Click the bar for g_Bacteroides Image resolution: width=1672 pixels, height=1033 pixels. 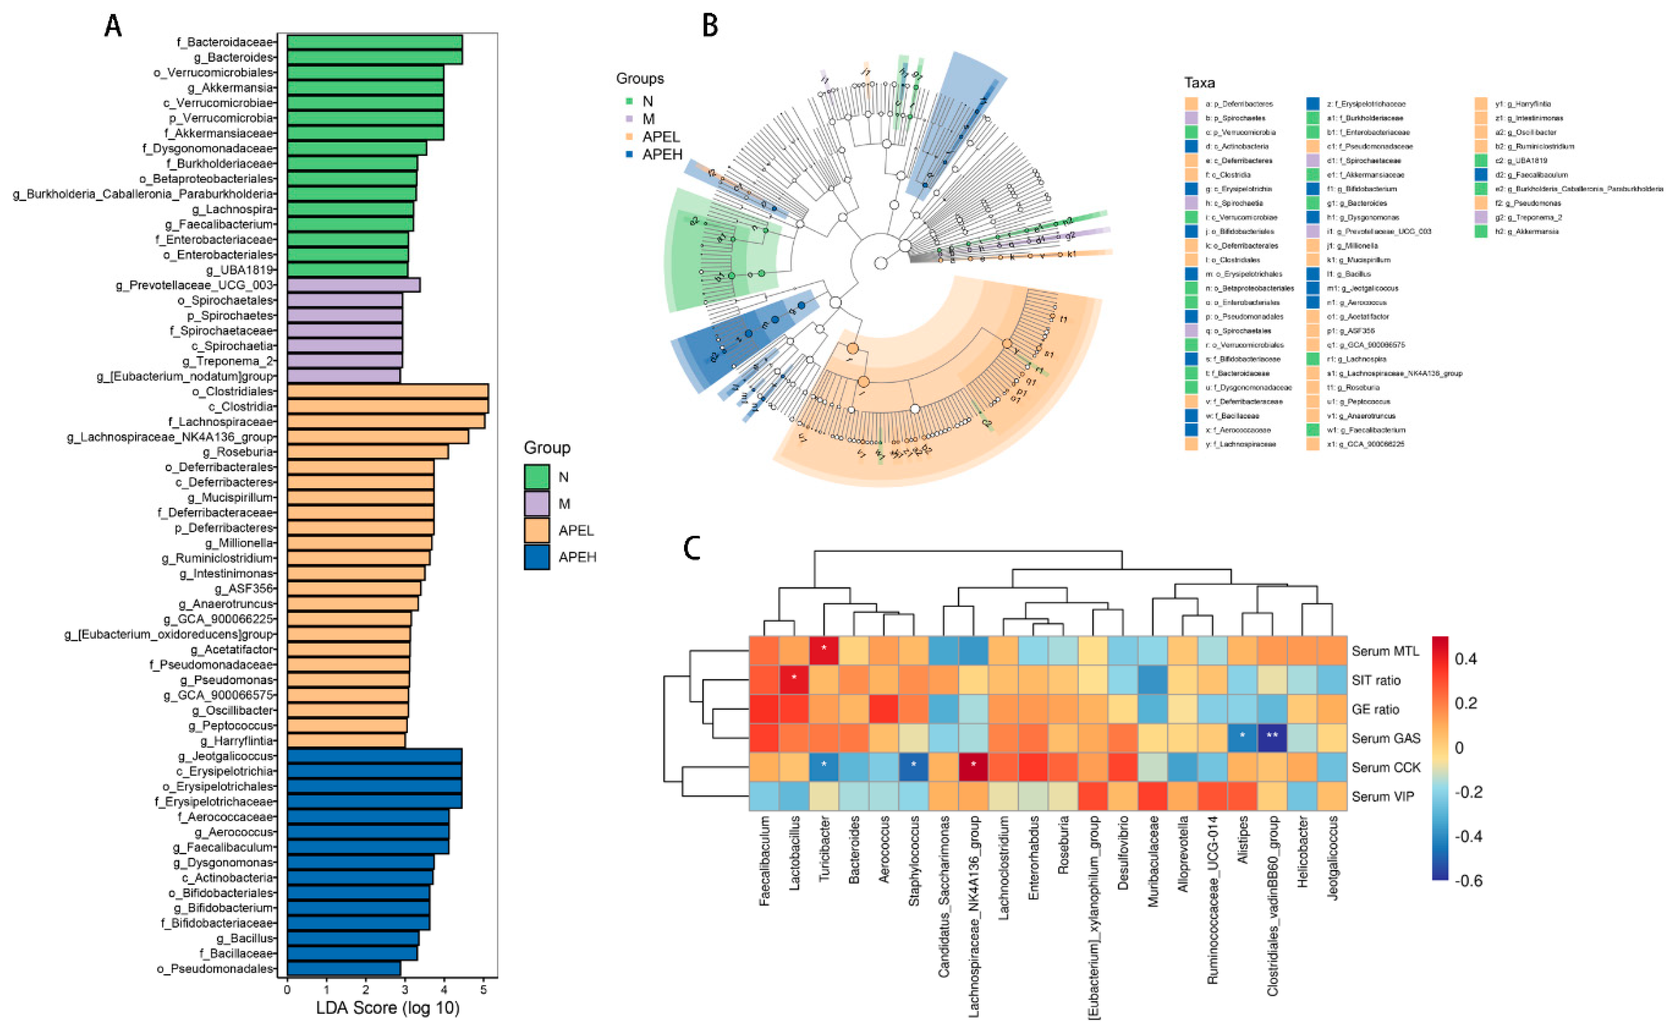pyautogui.click(x=374, y=57)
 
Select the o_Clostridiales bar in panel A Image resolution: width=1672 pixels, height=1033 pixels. pyautogui.click(x=387, y=392)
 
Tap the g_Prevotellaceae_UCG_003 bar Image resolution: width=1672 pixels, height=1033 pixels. pyautogui.click(x=353, y=285)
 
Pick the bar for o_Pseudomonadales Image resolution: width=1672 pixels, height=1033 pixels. pyautogui.click(x=344, y=969)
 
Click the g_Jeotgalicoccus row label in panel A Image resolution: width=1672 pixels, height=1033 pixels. pyautogui.click(x=225, y=756)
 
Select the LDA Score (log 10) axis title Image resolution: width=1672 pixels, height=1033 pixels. pyautogui.click(x=387, y=1008)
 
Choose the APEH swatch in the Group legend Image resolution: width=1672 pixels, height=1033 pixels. pyautogui.click(x=537, y=557)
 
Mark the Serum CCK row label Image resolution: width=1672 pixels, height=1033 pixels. pyautogui.click(x=1385, y=767)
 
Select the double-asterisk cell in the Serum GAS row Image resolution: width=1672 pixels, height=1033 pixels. pyautogui.click(x=1272, y=738)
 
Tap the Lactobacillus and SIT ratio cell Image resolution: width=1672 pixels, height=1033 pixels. pyautogui.click(x=794, y=680)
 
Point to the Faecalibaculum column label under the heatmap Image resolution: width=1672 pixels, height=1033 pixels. pyautogui.click(x=764, y=861)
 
